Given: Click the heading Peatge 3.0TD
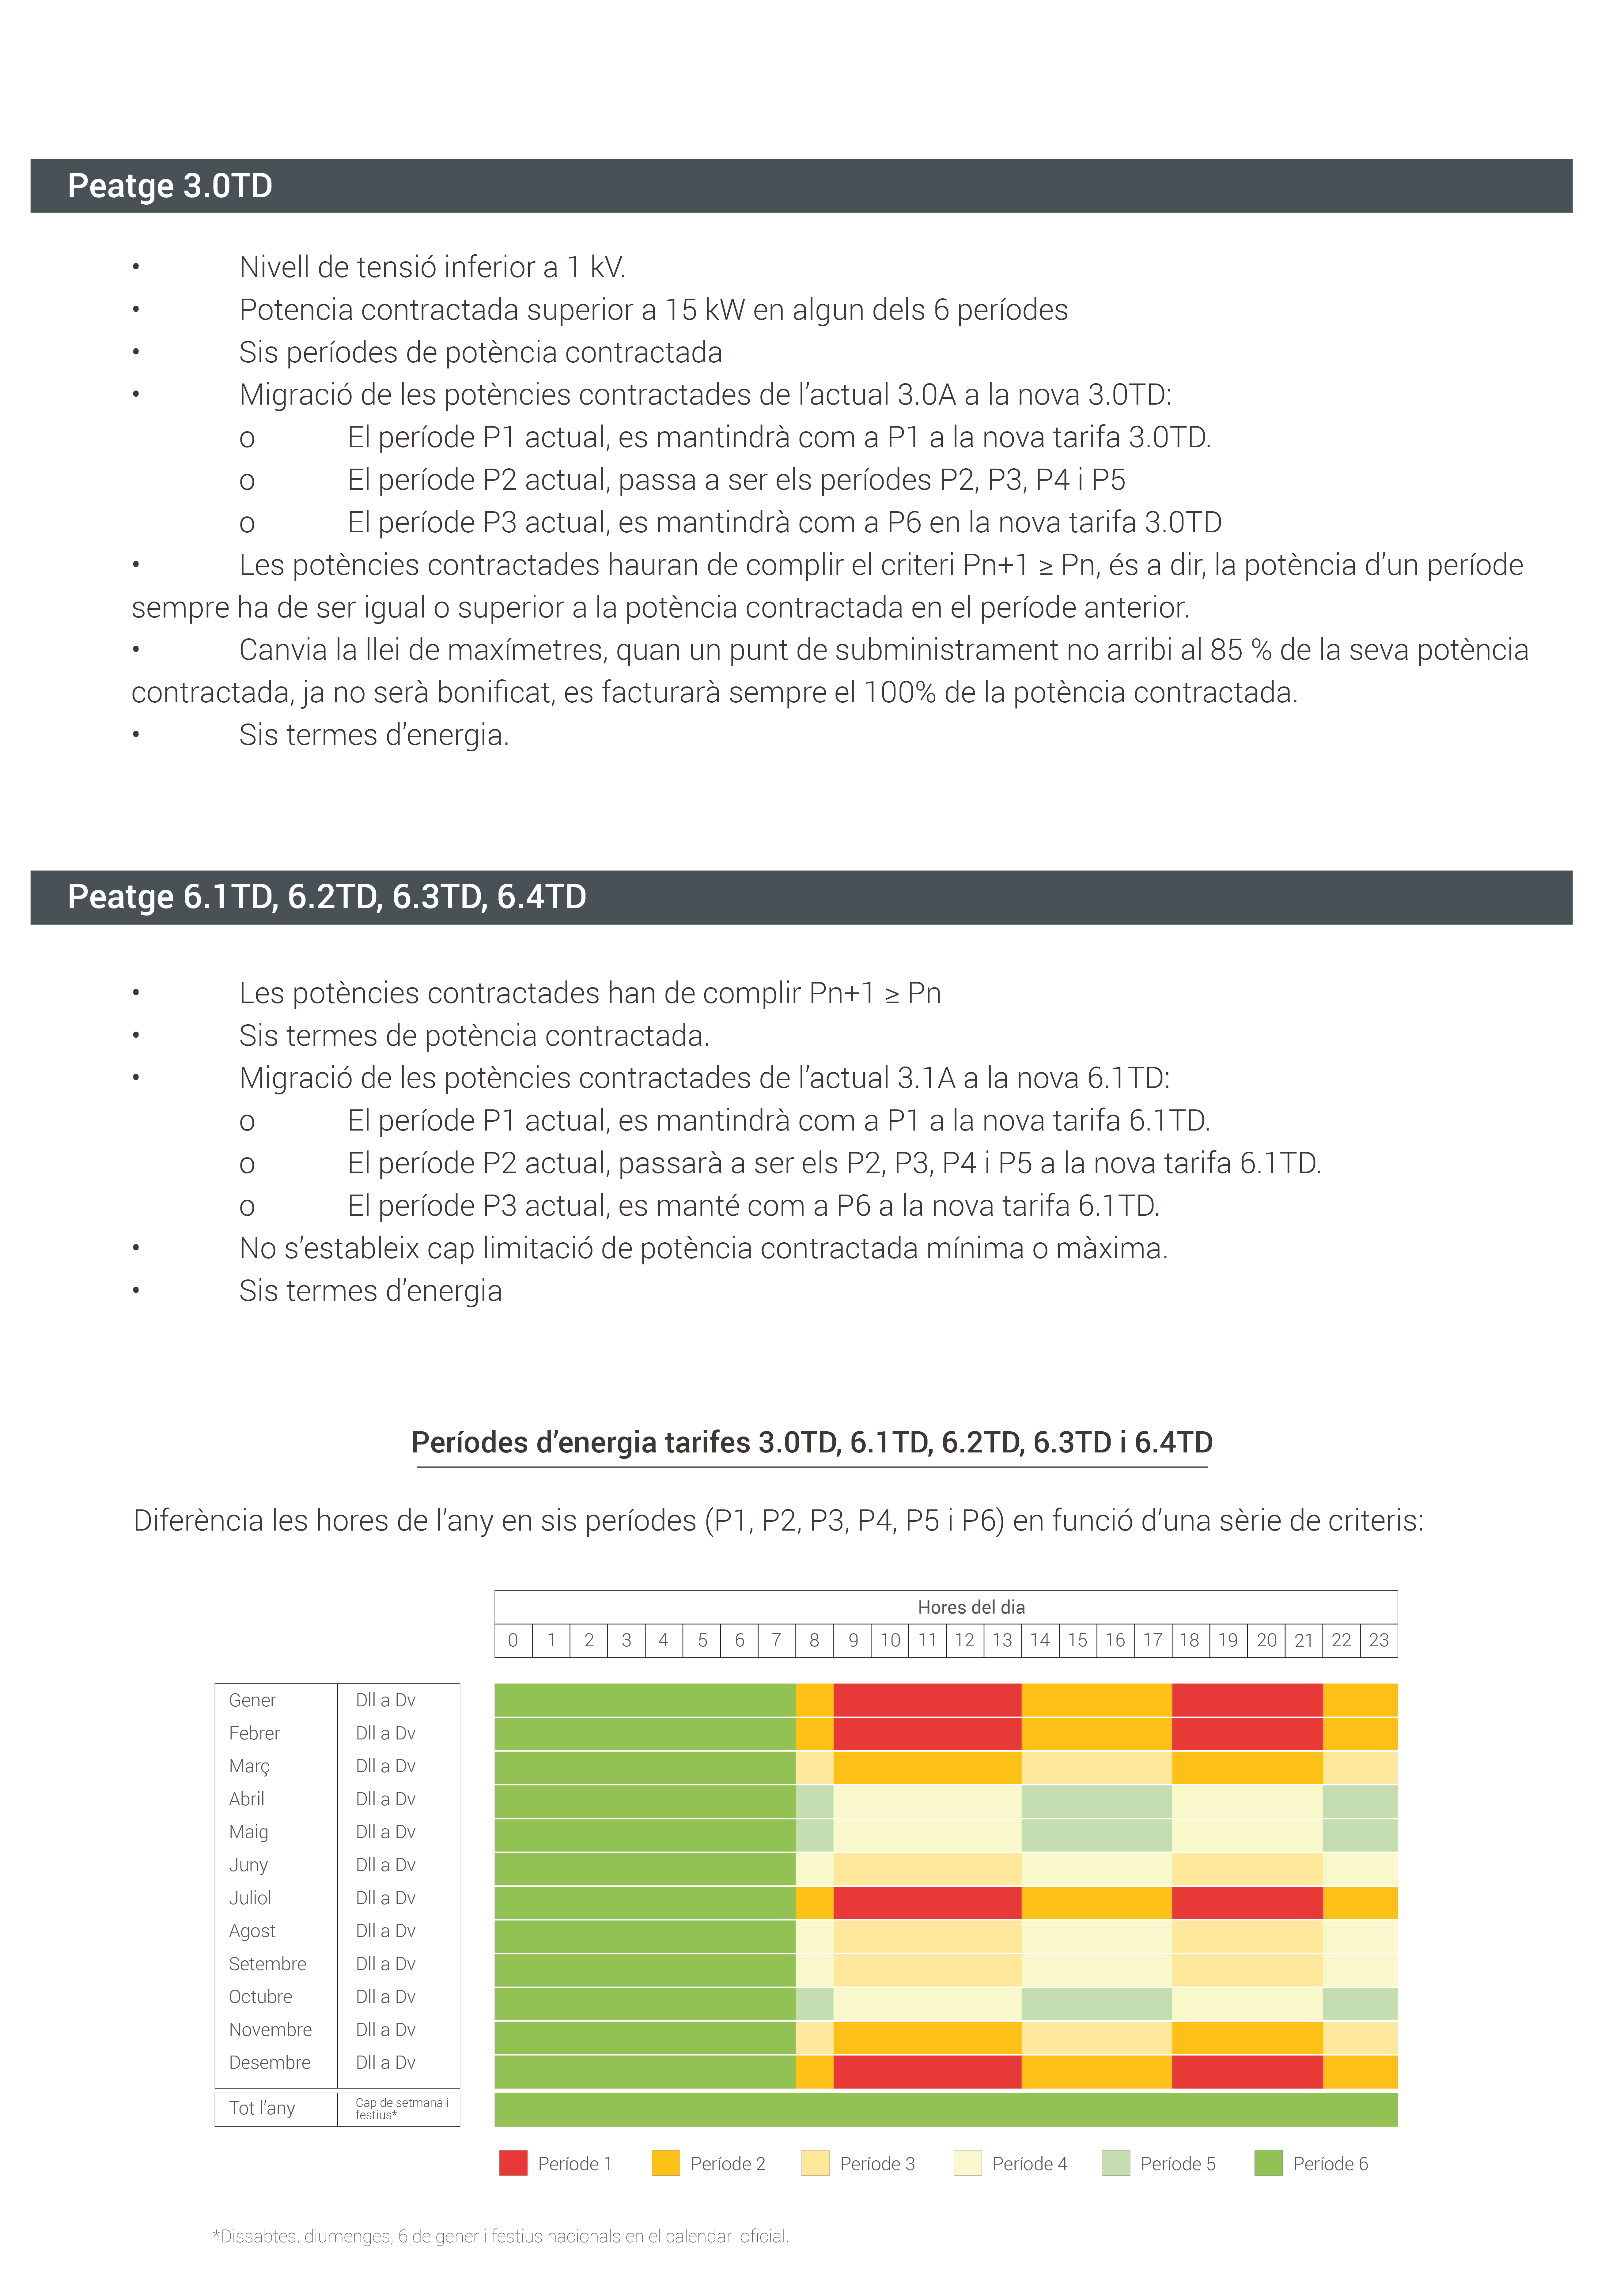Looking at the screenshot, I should tap(170, 186).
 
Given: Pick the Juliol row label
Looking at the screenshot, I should tap(250, 1898).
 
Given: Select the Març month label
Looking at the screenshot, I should tap(249, 1766).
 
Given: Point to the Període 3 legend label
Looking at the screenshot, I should tap(877, 2164).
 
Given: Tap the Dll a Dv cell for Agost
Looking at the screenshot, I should tap(385, 1931).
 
